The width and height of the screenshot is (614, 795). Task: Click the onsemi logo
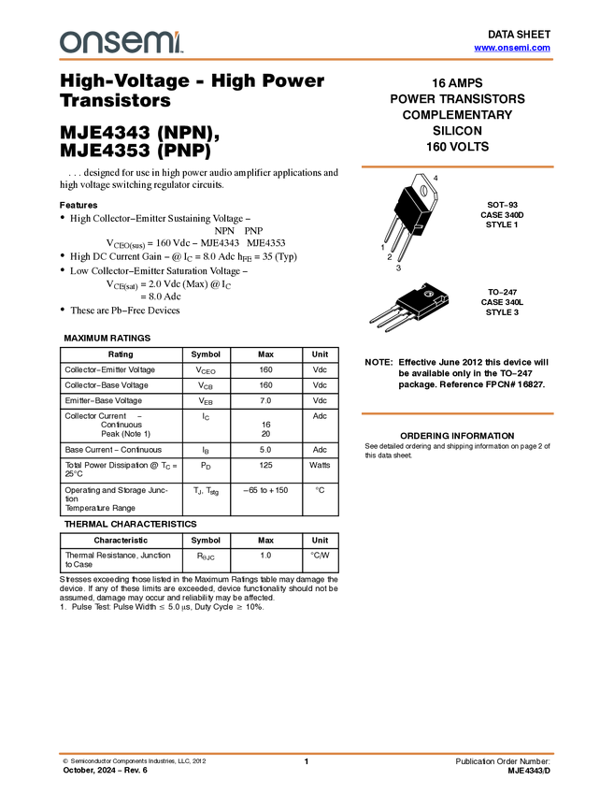[x=121, y=42]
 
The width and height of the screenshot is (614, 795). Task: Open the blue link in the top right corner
[x=512, y=48]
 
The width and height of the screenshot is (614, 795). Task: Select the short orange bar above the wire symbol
[x=457, y=167]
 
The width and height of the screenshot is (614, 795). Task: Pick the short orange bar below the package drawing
[x=457, y=412]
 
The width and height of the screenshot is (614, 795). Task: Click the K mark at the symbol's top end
[x=404, y=188]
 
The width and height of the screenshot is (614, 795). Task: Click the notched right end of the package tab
[x=447, y=297]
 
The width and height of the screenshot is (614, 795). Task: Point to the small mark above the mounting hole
[x=421, y=284]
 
